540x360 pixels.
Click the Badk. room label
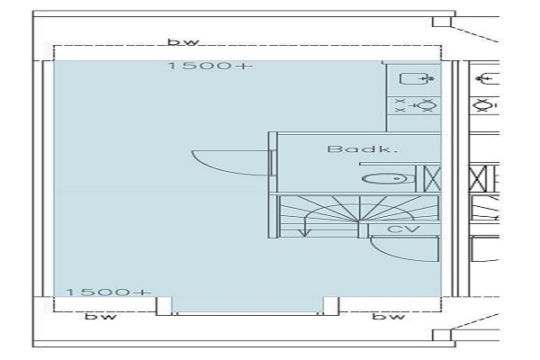click(363, 148)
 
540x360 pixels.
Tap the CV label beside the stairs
click(403, 229)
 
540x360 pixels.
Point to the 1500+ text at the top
click(211, 66)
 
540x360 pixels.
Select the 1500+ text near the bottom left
click(109, 292)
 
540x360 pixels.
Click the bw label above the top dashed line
click(184, 42)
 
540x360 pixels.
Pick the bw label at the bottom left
click(101, 316)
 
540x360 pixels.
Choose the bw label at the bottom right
click(389, 316)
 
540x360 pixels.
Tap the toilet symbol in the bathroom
click(385, 179)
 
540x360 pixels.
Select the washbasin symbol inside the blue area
click(417, 79)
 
